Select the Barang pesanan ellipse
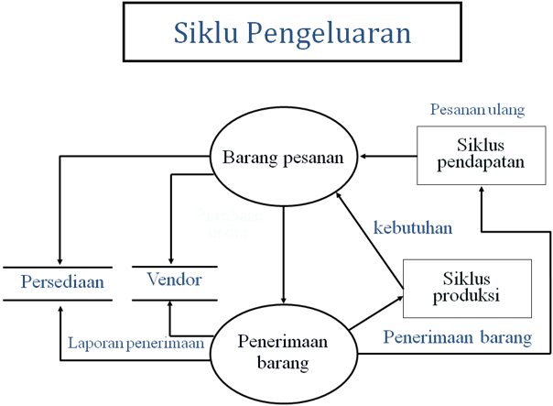click(284, 158)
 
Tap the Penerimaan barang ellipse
click(284, 351)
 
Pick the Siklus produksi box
click(468, 288)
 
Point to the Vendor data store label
click(174, 280)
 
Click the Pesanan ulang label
click(477, 110)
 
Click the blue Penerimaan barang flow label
click(457, 337)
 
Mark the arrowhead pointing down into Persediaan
click(59, 259)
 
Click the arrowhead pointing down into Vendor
click(171, 259)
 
